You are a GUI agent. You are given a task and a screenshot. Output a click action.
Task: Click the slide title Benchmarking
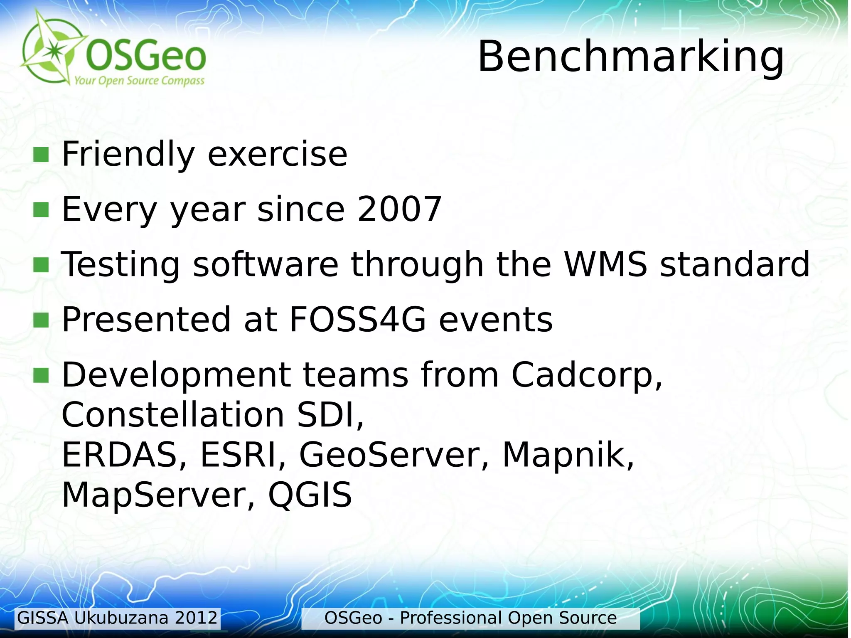point(630,57)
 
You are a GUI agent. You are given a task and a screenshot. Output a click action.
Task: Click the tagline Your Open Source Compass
point(139,80)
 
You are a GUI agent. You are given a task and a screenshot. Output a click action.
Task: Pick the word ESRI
point(243,455)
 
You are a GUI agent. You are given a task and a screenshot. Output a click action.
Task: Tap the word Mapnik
point(568,455)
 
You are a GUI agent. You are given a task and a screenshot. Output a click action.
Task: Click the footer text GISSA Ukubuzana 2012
point(117,618)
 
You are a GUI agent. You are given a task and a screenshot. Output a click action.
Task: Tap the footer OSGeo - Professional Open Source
point(470,618)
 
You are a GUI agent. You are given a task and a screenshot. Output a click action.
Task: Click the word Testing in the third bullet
point(121,265)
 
